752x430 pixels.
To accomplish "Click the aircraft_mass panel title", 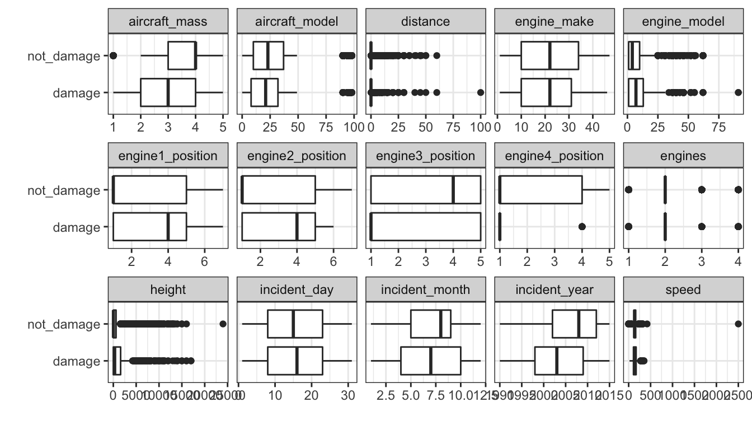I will point(168,21).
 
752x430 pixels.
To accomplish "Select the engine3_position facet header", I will point(425,156).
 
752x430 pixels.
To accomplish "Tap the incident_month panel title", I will point(425,290).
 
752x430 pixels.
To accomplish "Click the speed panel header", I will point(683,290).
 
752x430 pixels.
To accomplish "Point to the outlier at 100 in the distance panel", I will point(481,92).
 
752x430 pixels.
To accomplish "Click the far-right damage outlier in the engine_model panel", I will point(738,92).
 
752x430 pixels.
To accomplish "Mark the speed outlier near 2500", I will point(738,324).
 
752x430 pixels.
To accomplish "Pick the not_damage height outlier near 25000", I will point(223,324).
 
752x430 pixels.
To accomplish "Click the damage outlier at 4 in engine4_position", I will point(582,227).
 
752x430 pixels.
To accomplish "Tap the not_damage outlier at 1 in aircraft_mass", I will point(113,55).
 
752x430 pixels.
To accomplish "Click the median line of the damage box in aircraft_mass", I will point(168,92).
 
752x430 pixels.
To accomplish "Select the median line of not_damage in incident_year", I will point(579,324).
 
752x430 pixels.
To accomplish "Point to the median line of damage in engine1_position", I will point(168,227).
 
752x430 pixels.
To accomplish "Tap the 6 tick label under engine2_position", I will point(333,261).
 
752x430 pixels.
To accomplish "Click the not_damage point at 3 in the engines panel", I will point(702,190).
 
